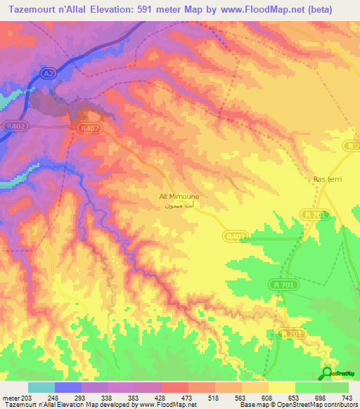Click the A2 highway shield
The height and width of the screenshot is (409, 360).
pyautogui.click(x=48, y=72)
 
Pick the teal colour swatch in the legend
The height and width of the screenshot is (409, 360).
pyautogui.click(x=41, y=388)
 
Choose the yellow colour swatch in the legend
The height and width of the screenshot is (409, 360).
pyautogui.click(x=281, y=388)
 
